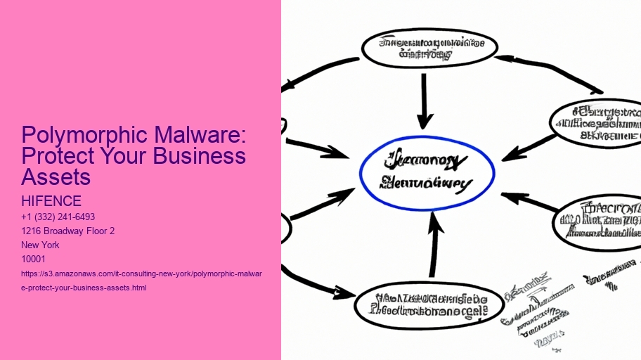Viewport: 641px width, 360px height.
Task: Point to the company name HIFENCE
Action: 51,202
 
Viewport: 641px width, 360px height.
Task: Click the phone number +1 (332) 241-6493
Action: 58,217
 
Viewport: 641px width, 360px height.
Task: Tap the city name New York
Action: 41,245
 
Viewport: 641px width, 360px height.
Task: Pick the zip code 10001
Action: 34,259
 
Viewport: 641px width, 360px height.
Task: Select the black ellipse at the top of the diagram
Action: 429,48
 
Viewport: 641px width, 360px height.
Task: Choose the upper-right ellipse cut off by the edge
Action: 597,123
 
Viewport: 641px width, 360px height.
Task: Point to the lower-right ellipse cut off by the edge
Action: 600,221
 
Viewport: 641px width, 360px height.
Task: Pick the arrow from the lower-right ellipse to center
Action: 531,202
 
